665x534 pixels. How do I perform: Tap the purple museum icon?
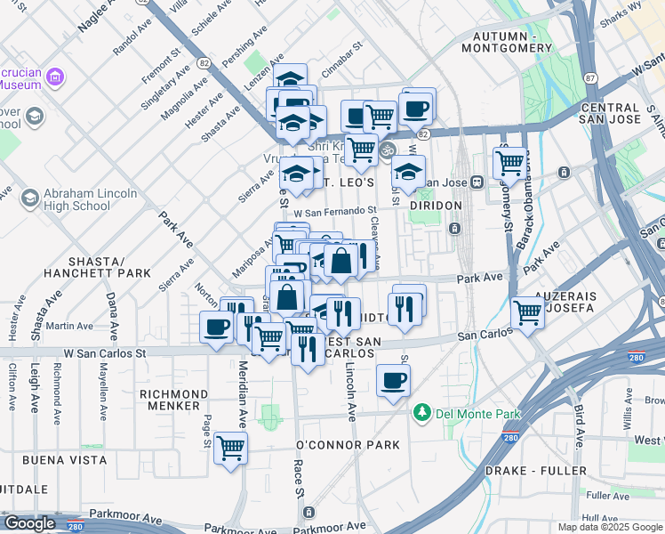pyautogui.click(x=55, y=77)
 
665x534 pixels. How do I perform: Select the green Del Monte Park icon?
pyautogui.click(x=421, y=412)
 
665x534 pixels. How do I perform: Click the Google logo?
pyautogui.click(x=28, y=523)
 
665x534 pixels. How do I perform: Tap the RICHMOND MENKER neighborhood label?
pyautogui.click(x=174, y=400)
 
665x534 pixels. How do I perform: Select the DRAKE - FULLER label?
pyautogui.click(x=536, y=470)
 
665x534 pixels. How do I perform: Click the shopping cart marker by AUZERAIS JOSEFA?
pyautogui.click(x=528, y=312)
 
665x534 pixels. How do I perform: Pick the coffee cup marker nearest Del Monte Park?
pyautogui.click(x=393, y=381)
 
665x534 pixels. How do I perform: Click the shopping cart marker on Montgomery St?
pyautogui.click(x=509, y=163)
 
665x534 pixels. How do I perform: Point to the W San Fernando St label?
pyautogui.click(x=335, y=212)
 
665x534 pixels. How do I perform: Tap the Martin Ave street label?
pyautogui.click(x=71, y=327)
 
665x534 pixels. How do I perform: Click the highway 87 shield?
pyautogui.click(x=591, y=77)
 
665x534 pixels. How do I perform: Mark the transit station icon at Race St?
pyautogui.click(x=308, y=513)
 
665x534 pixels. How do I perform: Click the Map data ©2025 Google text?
pyautogui.click(x=610, y=527)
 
